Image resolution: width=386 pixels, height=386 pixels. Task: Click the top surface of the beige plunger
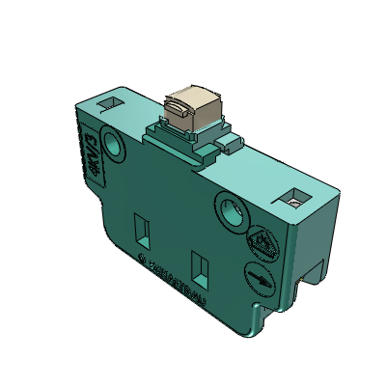click(190, 95)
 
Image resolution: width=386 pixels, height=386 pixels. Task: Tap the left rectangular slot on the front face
click(141, 228)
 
